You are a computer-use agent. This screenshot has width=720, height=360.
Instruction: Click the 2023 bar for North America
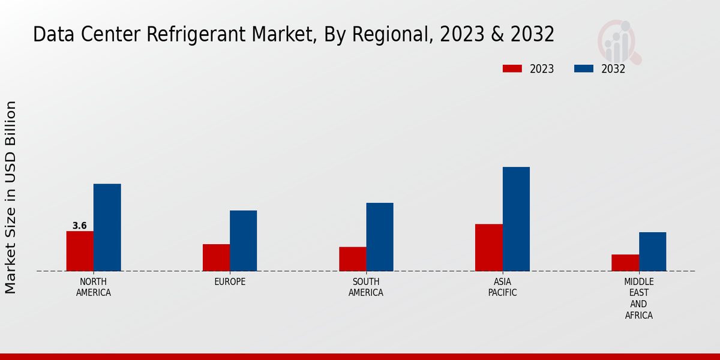pos(80,251)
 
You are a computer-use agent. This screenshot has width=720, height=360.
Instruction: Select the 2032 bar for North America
pos(107,227)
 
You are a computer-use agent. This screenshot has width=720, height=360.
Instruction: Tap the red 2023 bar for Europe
pos(216,257)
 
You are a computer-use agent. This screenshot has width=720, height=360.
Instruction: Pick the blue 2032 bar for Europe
pos(243,240)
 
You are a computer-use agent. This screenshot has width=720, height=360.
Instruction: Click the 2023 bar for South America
pos(352,259)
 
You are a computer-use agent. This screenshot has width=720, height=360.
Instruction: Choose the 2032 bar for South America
pos(380,236)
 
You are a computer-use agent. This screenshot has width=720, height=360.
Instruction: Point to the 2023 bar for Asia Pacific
pos(488,247)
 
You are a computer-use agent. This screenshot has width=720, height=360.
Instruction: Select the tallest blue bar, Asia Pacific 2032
pos(516,218)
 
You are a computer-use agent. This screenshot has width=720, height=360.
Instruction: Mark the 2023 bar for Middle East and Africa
pos(625,262)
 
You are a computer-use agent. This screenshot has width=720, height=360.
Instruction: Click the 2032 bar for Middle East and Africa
pos(652,251)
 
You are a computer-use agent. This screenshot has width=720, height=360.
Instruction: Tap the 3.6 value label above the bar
pos(80,226)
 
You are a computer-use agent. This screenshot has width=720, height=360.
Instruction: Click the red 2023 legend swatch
pos(512,68)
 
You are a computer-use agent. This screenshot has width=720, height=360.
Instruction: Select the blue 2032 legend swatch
pos(583,68)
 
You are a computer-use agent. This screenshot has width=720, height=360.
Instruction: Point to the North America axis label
pos(93,287)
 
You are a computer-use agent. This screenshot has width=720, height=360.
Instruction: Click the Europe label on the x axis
pos(230,281)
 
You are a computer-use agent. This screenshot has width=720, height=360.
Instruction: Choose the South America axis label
pos(366,287)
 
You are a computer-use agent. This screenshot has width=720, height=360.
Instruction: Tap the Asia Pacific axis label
pos(502,287)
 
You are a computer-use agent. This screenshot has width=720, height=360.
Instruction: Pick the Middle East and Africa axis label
pos(638,298)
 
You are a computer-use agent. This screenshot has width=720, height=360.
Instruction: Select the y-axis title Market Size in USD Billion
pos(11,197)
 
